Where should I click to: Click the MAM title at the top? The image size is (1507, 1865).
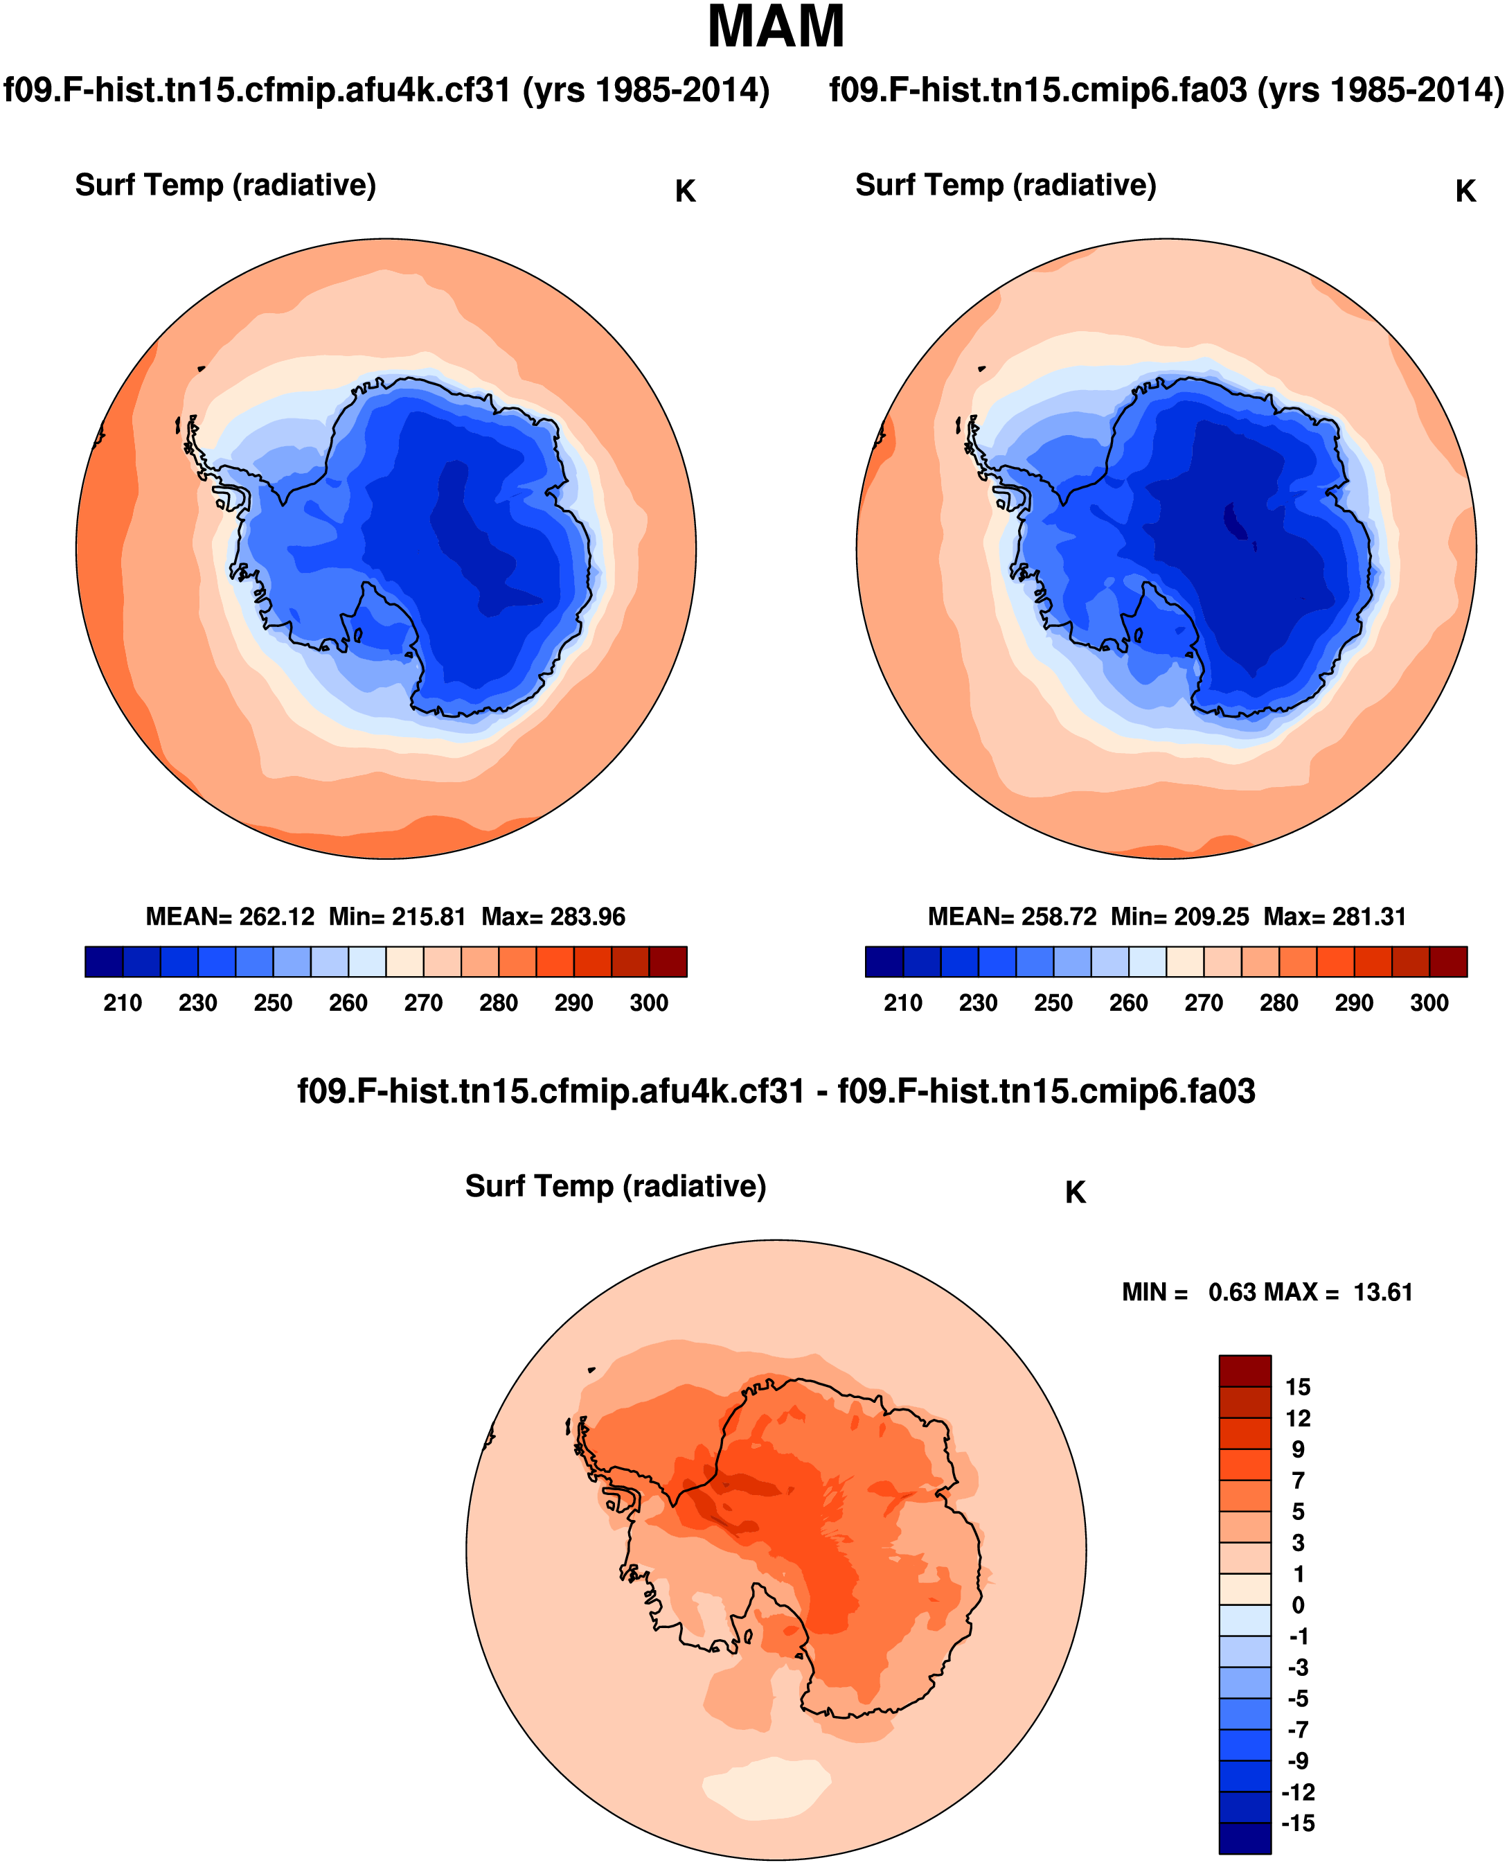click(x=775, y=28)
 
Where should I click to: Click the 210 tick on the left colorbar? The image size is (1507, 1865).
click(x=123, y=1003)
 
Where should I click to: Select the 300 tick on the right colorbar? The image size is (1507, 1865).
click(x=1429, y=1003)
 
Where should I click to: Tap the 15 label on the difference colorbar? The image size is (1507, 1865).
click(x=1298, y=1386)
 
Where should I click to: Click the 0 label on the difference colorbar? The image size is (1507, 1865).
click(x=1298, y=1605)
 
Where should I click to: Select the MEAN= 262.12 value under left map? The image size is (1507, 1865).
click(x=230, y=917)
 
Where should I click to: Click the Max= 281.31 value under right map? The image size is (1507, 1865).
click(x=1335, y=917)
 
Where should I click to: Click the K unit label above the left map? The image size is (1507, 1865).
click(x=685, y=192)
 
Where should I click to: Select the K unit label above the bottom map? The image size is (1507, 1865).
click(x=1075, y=1193)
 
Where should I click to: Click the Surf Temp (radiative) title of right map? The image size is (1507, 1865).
click(x=1006, y=185)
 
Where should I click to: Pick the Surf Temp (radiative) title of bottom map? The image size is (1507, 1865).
click(x=616, y=1186)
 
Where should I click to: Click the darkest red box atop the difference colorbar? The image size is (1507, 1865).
click(x=1244, y=1371)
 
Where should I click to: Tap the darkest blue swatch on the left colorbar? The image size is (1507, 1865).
click(x=104, y=962)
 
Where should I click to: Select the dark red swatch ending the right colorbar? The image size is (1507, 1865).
click(x=1448, y=962)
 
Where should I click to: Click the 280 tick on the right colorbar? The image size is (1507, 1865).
click(x=1278, y=1003)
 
